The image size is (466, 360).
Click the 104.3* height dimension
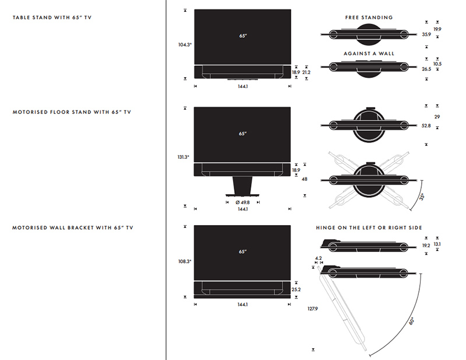coord(185,44)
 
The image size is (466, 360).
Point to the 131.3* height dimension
coord(185,157)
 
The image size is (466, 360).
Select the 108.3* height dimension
coord(185,262)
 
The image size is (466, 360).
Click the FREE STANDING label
coord(369,17)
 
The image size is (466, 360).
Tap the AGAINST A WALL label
coord(369,54)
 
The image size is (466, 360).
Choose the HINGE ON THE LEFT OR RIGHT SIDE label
coord(369,227)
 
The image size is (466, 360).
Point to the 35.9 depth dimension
coord(426,34)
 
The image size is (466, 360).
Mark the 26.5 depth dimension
coord(426,69)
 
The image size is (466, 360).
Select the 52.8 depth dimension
coord(426,126)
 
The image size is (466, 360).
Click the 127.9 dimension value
coord(313,309)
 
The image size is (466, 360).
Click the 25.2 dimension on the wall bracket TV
coord(296,289)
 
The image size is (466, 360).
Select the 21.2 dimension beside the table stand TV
coord(306,72)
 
